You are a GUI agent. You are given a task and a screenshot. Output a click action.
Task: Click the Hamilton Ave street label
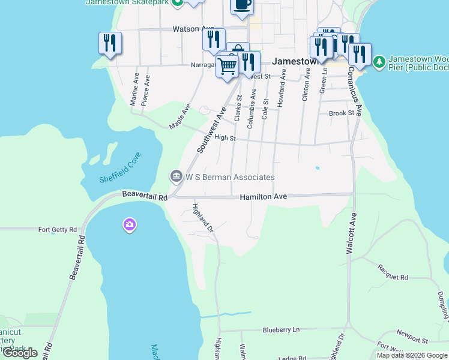tap(264, 197)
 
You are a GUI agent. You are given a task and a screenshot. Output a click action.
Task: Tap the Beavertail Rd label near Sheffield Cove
tap(145, 195)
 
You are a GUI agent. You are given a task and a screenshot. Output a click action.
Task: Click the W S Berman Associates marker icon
tap(176, 176)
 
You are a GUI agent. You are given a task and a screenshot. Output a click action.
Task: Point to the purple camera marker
tap(129, 225)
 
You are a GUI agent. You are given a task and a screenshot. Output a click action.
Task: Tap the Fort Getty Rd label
tap(58, 229)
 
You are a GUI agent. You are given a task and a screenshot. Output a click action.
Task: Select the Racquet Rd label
tap(393, 278)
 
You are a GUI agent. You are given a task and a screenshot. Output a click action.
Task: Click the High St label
tap(224, 137)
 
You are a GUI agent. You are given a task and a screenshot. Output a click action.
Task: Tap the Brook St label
tap(342, 113)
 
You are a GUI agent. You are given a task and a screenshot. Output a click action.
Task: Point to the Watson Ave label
tap(193, 28)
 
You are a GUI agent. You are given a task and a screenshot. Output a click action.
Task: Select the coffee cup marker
tap(242, 5)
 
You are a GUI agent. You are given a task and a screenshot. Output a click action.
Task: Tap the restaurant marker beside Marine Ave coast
tap(110, 43)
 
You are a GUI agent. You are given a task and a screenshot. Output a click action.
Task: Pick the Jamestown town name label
tap(294, 61)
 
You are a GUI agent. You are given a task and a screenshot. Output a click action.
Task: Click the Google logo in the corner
tap(20, 353)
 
